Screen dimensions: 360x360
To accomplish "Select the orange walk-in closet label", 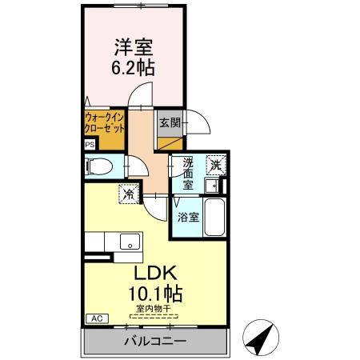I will (x=104, y=122).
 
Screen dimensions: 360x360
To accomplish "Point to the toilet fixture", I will (x=100, y=166).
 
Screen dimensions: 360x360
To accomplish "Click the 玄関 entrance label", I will (x=169, y=122).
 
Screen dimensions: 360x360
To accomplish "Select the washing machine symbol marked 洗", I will (x=216, y=164).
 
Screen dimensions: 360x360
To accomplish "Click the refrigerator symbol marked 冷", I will (x=127, y=193).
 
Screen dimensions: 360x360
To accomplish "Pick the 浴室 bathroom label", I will (x=188, y=217).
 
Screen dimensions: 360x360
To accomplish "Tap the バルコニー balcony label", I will (x=155, y=342).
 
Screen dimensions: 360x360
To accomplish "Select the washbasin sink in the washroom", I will (x=213, y=186).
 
